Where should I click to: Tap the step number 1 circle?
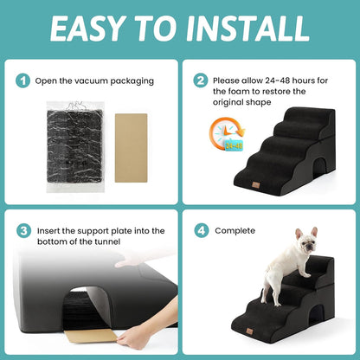coord(22,80)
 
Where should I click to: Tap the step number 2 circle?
coord(202,80)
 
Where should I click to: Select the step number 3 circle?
coord(22,231)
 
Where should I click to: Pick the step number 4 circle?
coord(202,231)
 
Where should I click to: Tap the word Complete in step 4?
coord(236,231)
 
